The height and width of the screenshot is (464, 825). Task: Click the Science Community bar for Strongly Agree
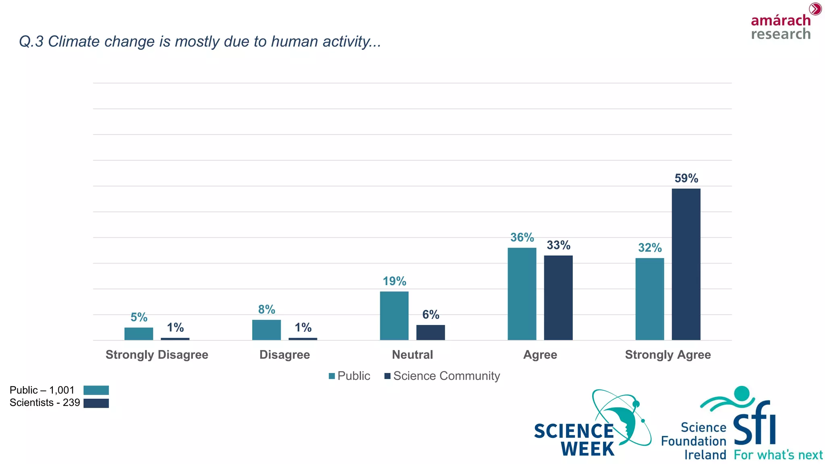tap(686, 264)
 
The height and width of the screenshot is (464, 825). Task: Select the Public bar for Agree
tap(522, 294)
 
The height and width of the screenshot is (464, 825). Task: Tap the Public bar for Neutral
tap(394, 315)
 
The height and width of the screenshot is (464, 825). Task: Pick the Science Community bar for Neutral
tap(430, 332)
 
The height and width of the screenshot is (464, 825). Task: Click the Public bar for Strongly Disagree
tap(139, 333)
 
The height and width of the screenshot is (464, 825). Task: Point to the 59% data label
tap(686, 178)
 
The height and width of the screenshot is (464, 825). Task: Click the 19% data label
tap(394, 281)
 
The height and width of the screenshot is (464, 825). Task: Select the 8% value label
tap(266, 309)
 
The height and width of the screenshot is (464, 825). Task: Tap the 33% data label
tap(558, 245)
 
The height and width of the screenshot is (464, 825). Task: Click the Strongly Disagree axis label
tap(157, 354)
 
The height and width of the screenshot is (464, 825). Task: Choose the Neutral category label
tap(412, 354)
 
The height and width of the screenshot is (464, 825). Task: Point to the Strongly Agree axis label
tap(667, 354)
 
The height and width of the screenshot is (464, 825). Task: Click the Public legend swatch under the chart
tap(332, 376)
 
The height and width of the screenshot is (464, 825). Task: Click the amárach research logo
tap(781, 24)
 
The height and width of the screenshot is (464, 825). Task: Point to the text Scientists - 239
tap(45, 402)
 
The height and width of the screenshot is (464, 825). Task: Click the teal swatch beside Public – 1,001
tap(96, 390)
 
